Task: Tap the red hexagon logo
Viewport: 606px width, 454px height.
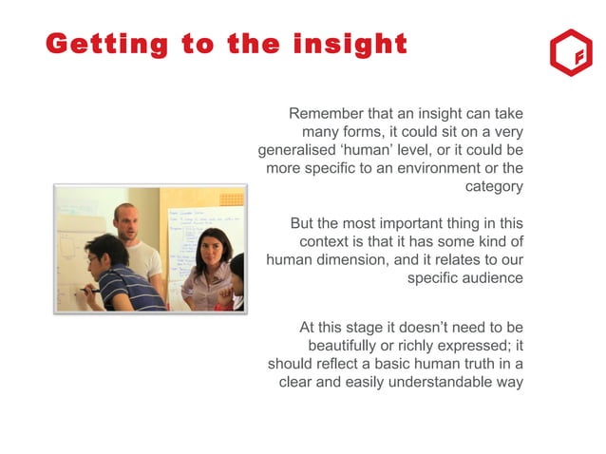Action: click(570, 53)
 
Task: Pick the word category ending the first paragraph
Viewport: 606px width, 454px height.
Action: click(494, 187)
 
